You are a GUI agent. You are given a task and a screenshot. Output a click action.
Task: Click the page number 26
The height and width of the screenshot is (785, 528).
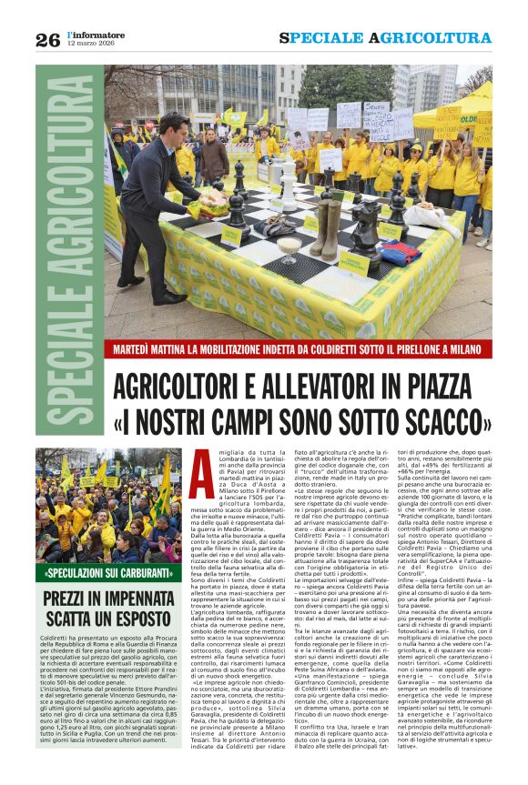coord(47,39)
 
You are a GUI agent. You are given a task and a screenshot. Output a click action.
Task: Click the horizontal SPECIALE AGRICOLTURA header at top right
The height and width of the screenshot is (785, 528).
coord(385,38)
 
